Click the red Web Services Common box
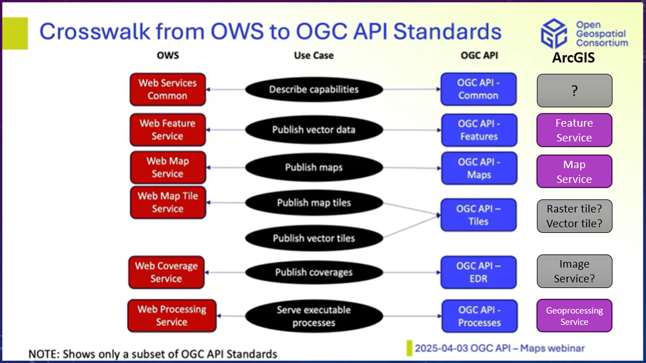pyautogui.click(x=167, y=89)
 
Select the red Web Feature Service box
pyautogui.click(x=167, y=129)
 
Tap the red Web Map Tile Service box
pyautogui.click(x=167, y=202)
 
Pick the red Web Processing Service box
pyautogui.click(x=171, y=315)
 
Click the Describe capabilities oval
pyautogui.click(x=314, y=89)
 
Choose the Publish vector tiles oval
pyautogui.click(x=314, y=238)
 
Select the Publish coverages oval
pyautogui.click(x=314, y=272)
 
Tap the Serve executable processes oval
pyautogui.click(x=314, y=316)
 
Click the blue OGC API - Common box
pyautogui.click(x=479, y=89)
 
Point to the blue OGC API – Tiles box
pyautogui.click(x=479, y=215)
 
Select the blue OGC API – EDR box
pyautogui.click(x=479, y=272)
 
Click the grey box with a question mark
pyautogui.click(x=574, y=91)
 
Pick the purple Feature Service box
pyautogui.click(x=574, y=130)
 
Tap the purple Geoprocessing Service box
pyautogui.click(x=574, y=316)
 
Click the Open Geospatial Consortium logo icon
pyautogui.click(x=554, y=33)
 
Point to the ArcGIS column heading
pyautogui.click(x=574, y=58)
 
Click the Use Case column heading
pyautogui.click(x=314, y=56)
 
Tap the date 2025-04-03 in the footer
pyautogui.click(x=443, y=348)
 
